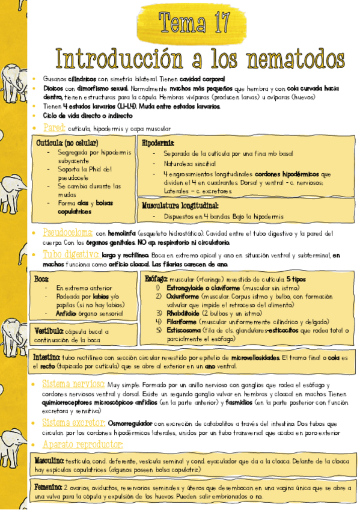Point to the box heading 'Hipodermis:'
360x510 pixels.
point(158,143)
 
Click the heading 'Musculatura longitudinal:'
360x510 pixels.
point(180,205)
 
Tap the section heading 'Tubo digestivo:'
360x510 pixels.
point(70,254)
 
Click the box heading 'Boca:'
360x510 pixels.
point(41,279)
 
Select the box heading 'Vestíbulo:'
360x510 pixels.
point(47,330)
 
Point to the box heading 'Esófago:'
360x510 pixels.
point(155,279)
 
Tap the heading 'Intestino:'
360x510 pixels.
point(46,357)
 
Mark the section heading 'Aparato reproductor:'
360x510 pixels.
point(82,444)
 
